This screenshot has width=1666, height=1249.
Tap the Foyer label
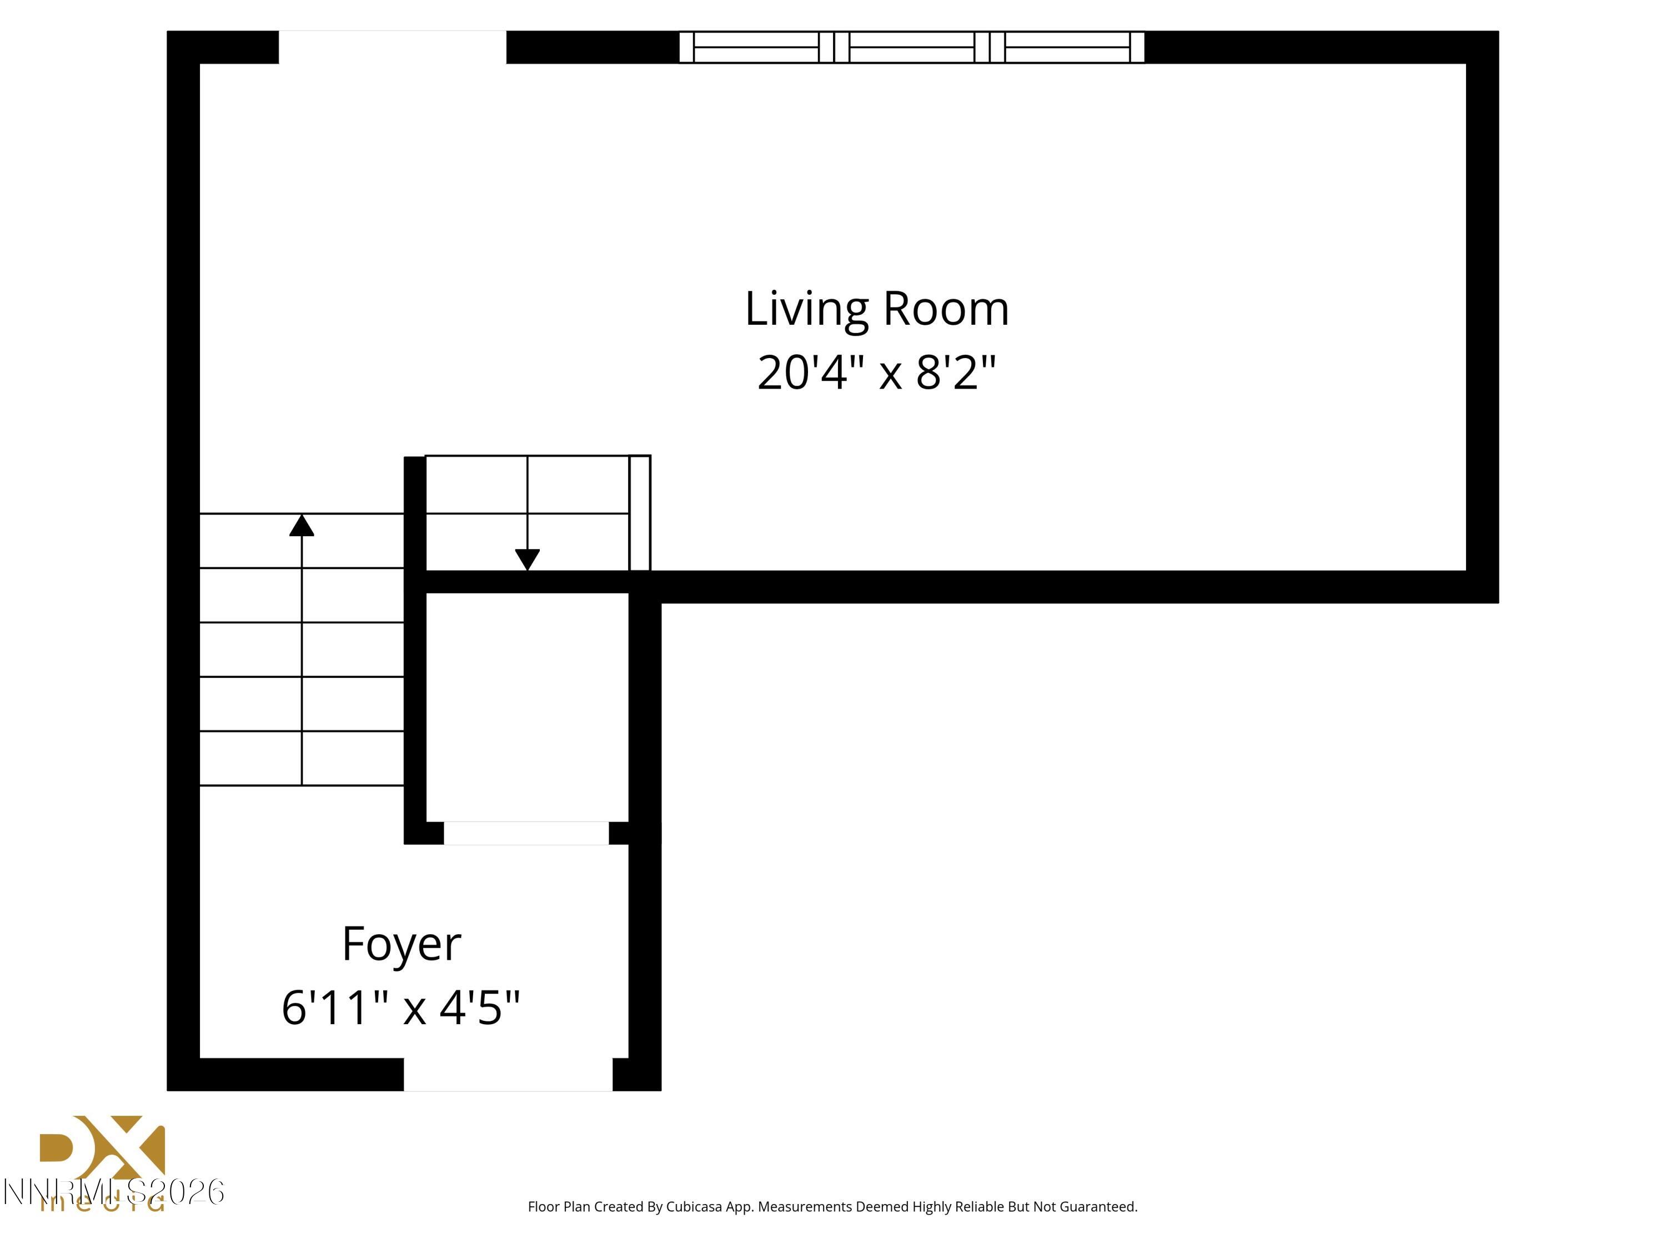[x=401, y=944]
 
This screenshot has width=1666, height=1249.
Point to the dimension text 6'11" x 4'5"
[x=401, y=1008]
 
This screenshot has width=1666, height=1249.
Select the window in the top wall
[x=911, y=47]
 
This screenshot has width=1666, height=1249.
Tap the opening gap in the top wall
[x=393, y=47]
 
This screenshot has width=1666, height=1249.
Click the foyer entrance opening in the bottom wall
[x=508, y=1074]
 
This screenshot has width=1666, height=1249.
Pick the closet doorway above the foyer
[x=526, y=833]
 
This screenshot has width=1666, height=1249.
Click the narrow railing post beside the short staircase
[x=639, y=513]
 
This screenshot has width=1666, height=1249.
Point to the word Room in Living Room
[x=945, y=309]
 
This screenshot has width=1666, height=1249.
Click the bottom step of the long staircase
[x=301, y=758]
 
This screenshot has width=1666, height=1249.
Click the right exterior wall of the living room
[x=1482, y=316]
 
